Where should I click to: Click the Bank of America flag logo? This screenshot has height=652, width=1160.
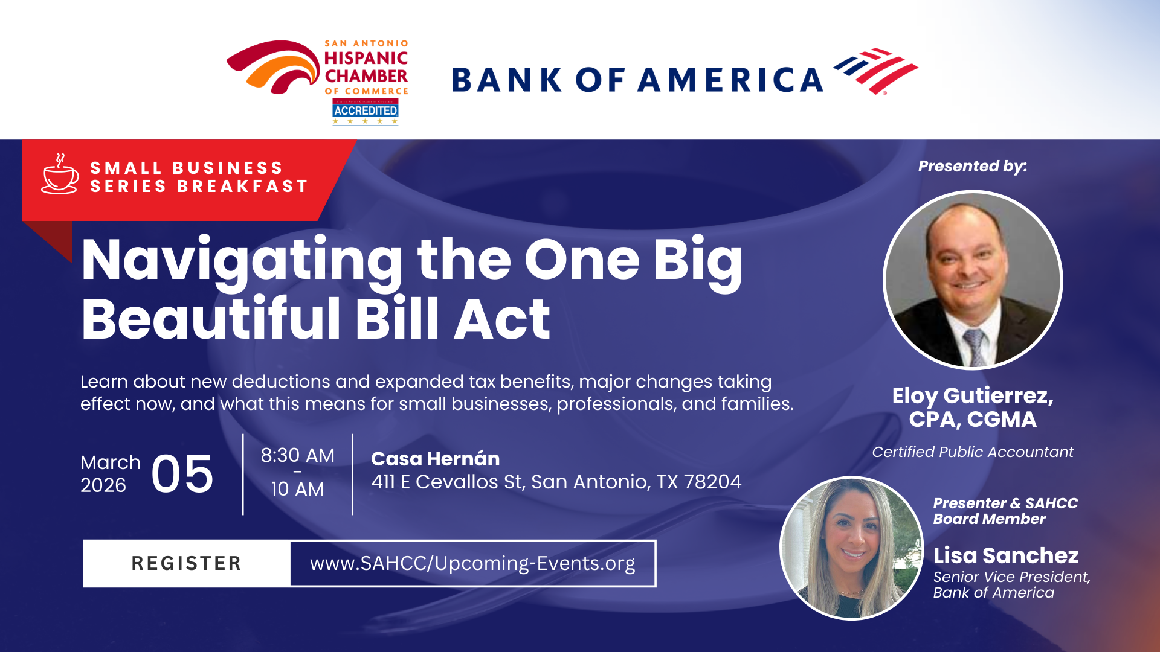tap(876, 71)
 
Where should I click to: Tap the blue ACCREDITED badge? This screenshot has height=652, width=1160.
tap(366, 110)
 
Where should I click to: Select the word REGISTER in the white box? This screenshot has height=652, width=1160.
tap(186, 563)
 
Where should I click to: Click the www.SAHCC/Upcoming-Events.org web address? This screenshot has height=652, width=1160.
tap(472, 563)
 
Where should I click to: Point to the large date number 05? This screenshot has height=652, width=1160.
tap(182, 475)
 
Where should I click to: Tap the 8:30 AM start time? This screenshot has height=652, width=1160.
tap(297, 455)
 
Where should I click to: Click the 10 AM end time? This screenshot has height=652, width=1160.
tap(297, 489)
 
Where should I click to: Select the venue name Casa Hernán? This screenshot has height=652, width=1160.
tap(436, 459)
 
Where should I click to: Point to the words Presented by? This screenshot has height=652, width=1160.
tap(973, 167)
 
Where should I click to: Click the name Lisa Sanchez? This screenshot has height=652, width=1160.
tap(1006, 555)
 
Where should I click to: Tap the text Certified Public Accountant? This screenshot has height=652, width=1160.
tap(973, 452)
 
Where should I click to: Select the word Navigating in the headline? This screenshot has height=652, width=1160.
tap(242, 261)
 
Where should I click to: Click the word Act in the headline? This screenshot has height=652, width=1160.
tap(502, 319)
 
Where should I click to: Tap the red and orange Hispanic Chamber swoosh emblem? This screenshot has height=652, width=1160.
tap(274, 67)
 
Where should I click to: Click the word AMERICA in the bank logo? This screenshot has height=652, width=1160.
tap(730, 80)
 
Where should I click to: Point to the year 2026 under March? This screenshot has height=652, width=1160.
tap(103, 485)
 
